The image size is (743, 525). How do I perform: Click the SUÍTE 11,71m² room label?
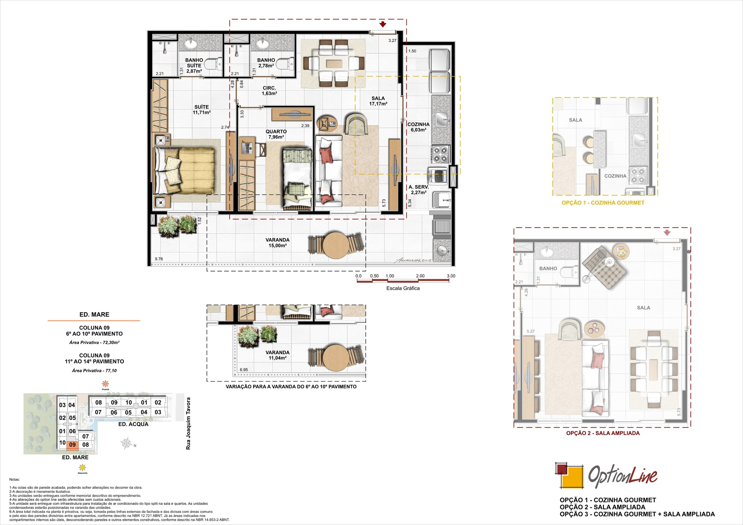click(201, 110)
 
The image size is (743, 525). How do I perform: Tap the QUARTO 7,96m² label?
click(276, 134)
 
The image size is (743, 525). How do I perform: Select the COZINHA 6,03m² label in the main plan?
click(418, 127)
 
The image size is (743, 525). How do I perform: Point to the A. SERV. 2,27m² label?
click(418, 190)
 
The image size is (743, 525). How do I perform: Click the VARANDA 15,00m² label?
click(277, 243)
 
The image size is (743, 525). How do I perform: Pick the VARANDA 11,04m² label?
click(277, 355)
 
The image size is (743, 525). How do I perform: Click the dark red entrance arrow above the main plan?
click(383, 24)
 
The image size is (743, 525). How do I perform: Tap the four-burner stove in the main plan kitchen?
click(441, 154)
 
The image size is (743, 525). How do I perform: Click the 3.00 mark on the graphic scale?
click(451, 276)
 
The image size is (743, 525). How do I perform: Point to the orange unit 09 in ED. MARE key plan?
click(72, 445)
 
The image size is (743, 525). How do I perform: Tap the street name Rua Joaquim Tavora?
click(188, 423)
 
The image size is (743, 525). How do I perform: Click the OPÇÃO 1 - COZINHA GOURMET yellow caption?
click(603, 203)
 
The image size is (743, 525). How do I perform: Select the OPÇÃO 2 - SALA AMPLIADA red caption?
click(603, 433)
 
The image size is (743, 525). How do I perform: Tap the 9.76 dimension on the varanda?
click(159, 259)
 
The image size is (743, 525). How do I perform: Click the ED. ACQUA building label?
click(133, 424)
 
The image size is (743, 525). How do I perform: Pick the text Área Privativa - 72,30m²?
click(94, 342)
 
